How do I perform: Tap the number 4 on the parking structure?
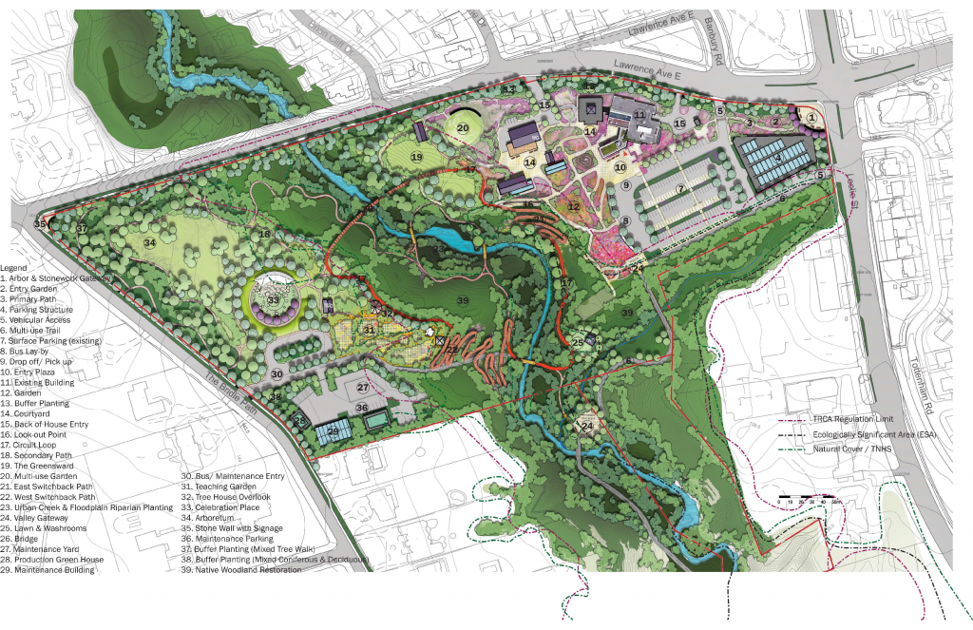tap(776, 159)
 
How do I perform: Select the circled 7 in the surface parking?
tap(680, 190)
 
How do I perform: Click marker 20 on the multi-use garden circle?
tap(463, 127)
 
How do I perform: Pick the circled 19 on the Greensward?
tap(416, 157)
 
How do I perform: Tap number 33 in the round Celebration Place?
tap(274, 301)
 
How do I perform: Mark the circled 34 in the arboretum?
tap(149, 243)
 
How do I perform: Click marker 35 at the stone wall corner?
tap(39, 224)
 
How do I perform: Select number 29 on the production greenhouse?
tap(333, 431)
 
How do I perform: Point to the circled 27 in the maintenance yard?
tap(363, 388)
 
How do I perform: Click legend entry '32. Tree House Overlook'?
tap(226, 497)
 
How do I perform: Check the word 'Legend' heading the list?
tap(14, 268)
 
